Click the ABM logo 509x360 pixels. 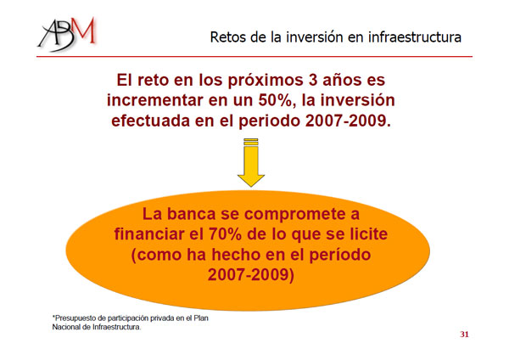tap(67, 34)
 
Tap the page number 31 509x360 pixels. tap(464, 335)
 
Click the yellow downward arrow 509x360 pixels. tap(251, 162)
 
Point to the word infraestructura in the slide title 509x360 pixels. tap(415, 37)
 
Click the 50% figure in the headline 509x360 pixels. tap(275, 100)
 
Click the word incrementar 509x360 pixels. tap(155, 100)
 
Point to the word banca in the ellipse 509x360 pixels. tap(191, 214)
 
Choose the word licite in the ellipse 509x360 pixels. tap(368, 234)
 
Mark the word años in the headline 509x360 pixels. tap(342, 80)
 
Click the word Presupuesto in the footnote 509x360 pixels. tap(76, 318)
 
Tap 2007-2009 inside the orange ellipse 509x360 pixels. tap(249, 274)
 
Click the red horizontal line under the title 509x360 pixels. tap(255, 57)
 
